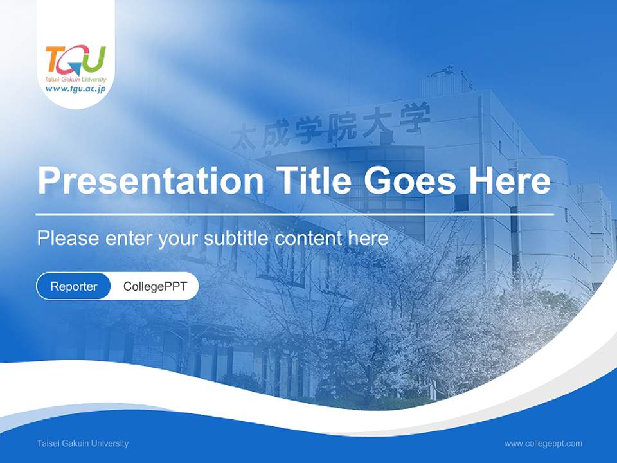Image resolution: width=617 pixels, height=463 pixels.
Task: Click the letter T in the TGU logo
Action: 55,59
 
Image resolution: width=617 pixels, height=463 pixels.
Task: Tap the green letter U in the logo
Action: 94,59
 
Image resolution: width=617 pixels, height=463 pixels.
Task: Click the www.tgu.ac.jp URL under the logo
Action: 75,89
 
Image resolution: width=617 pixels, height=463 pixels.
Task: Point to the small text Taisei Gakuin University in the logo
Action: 75,79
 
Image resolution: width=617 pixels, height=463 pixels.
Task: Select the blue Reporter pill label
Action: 74,286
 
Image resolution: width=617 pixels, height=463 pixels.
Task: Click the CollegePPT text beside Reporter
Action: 155,286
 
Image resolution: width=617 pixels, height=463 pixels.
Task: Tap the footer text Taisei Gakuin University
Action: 83,443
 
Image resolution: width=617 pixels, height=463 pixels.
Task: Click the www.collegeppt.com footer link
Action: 543,443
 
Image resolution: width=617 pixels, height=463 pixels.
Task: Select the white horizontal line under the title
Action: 294,214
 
